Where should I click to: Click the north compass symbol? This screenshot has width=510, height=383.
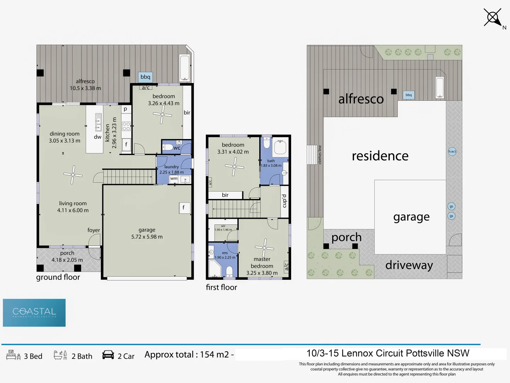(493, 17)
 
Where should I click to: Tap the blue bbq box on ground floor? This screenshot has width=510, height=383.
(145, 77)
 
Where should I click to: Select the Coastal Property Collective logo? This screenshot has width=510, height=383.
(34, 312)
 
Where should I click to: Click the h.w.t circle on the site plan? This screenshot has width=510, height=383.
(452, 151)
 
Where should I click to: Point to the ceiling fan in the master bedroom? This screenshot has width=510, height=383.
(264, 248)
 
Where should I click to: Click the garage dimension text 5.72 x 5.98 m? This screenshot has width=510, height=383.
(147, 237)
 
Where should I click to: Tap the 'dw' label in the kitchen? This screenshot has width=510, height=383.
(98, 137)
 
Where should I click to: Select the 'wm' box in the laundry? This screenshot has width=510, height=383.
(174, 179)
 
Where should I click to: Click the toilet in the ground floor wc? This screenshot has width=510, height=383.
(168, 147)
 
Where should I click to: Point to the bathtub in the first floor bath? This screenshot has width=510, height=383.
(280, 147)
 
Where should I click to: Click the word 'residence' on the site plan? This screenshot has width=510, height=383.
(380, 156)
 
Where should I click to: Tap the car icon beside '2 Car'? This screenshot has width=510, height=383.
(108, 355)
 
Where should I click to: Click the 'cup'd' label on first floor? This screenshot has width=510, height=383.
(284, 201)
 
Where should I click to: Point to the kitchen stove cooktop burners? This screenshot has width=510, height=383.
(126, 126)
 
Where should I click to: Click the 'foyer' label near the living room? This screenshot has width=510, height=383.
(94, 230)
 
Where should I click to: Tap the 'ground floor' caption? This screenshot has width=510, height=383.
(58, 277)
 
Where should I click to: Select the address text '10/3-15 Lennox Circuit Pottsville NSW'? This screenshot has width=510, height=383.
(388, 353)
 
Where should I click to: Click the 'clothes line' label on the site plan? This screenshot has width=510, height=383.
(320, 155)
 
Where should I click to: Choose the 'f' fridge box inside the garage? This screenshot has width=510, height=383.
(183, 208)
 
